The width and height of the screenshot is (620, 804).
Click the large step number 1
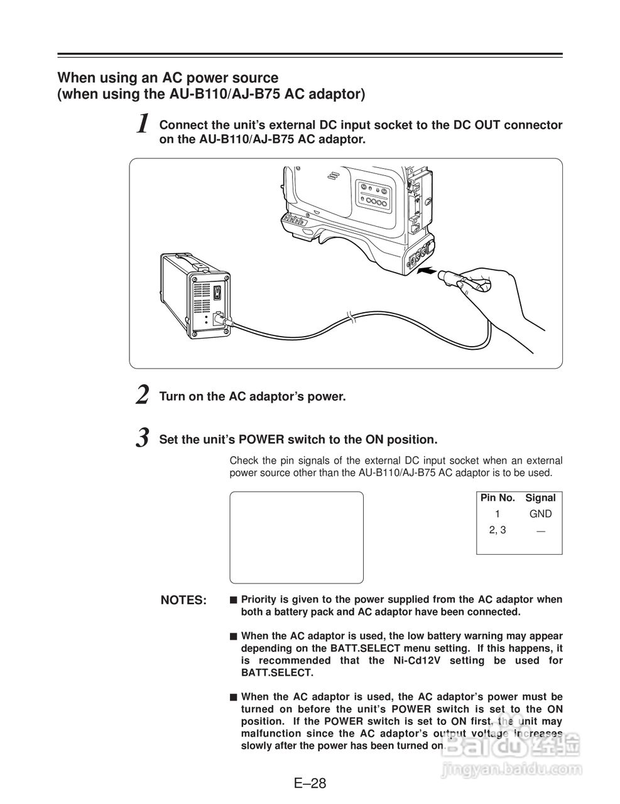click(144, 124)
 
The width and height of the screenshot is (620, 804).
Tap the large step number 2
click(143, 396)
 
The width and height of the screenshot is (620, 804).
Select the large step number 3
click(144, 437)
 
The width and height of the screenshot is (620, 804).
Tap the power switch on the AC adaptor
click(217, 293)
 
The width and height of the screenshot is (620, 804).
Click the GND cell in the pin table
click(540, 514)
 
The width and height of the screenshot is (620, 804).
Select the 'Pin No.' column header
click(498, 498)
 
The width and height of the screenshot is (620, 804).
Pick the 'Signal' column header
click(540, 498)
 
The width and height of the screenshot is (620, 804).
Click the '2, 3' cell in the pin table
click(498, 530)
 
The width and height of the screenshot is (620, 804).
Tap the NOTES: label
click(183, 600)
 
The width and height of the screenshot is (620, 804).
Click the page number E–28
click(310, 783)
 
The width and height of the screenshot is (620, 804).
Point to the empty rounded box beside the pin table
click(296, 538)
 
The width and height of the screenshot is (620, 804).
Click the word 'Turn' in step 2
click(172, 397)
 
